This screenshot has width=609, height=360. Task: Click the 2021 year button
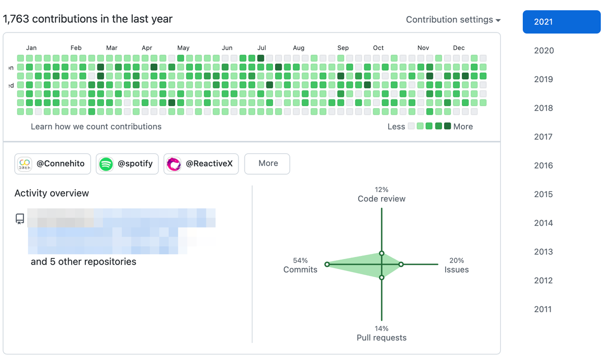[x=561, y=22]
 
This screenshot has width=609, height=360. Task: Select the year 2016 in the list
[x=543, y=166]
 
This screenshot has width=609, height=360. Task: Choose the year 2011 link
[x=543, y=309]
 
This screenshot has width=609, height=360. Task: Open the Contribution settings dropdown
[x=453, y=20]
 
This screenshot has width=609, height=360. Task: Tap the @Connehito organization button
[x=53, y=163]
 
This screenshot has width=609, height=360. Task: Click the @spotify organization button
[x=127, y=163]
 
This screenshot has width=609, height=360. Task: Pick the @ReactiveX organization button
[x=201, y=163]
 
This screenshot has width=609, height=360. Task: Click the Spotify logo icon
[x=106, y=164]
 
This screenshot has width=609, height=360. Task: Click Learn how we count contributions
[x=96, y=126]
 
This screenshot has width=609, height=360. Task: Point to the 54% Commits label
[x=300, y=266]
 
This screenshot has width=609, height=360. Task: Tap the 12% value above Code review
[x=382, y=190]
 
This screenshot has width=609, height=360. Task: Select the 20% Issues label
[x=456, y=266]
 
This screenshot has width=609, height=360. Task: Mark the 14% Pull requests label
[x=382, y=333]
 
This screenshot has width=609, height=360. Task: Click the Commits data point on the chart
[x=327, y=264]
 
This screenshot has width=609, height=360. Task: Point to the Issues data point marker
[x=401, y=264]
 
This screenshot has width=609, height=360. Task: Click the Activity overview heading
[x=52, y=193]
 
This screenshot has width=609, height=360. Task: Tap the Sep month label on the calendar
[x=343, y=48]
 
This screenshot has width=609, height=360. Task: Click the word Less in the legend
[x=396, y=126]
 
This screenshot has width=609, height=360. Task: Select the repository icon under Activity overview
[x=20, y=219]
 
